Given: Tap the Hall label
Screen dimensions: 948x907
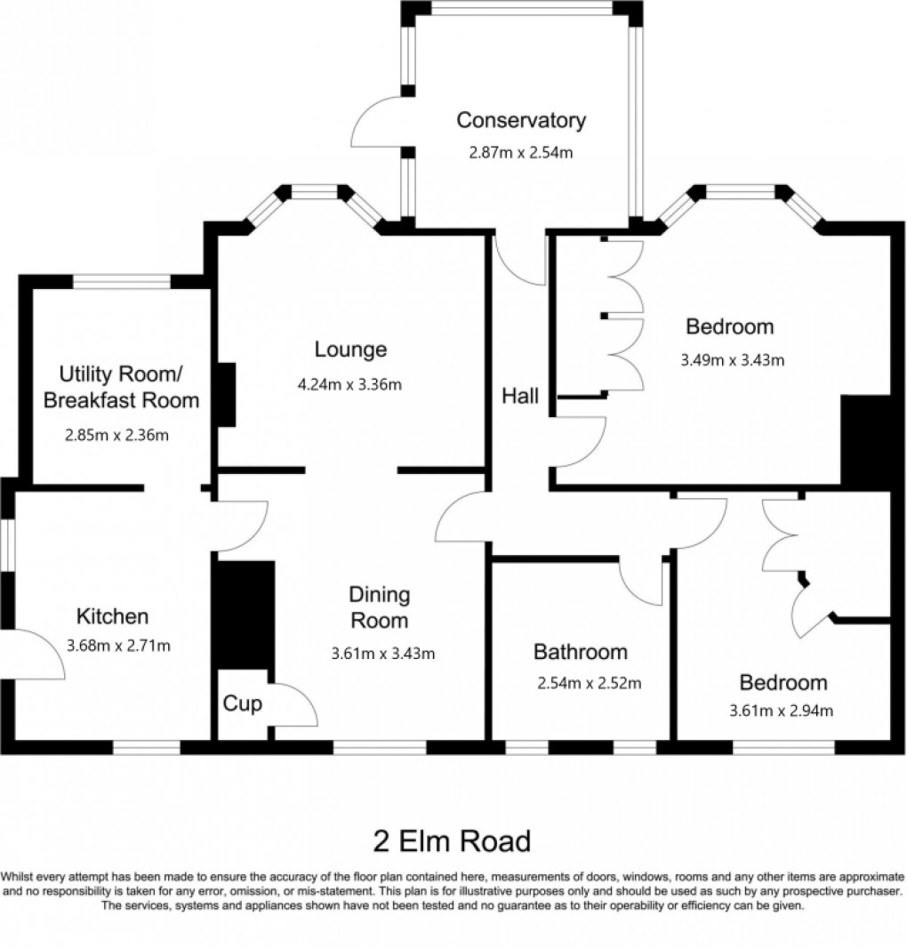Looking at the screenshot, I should click(x=519, y=397).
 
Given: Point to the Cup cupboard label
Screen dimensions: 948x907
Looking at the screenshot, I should click(x=242, y=704).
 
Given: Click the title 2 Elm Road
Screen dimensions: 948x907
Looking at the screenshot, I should click(x=452, y=840).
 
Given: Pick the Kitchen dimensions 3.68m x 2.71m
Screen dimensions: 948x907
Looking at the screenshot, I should click(x=118, y=646).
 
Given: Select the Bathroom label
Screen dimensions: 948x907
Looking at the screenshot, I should click(x=580, y=652).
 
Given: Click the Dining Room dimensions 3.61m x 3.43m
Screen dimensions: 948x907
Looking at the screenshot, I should click(x=382, y=655).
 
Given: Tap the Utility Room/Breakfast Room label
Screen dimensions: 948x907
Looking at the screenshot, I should click(x=122, y=386).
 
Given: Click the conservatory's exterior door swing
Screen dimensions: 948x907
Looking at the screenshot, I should click(x=378, y=125).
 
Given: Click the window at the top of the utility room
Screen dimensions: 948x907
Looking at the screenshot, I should click(x=121, y=282).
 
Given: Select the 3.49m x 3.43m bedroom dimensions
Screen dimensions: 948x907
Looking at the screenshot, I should click(x=731, y=360).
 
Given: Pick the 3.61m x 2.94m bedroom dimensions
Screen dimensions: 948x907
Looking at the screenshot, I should click(x=781, y=711).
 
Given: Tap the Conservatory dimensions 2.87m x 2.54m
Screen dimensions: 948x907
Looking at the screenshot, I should click(x=520, y=152).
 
